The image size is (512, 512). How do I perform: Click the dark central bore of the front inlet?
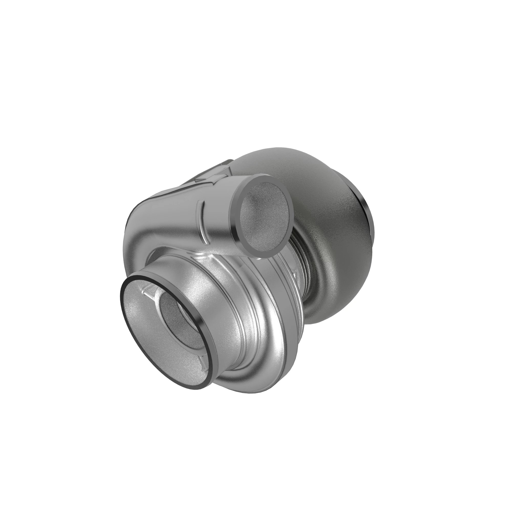point(177,318)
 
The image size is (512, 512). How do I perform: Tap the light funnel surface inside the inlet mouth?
point(143,329)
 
